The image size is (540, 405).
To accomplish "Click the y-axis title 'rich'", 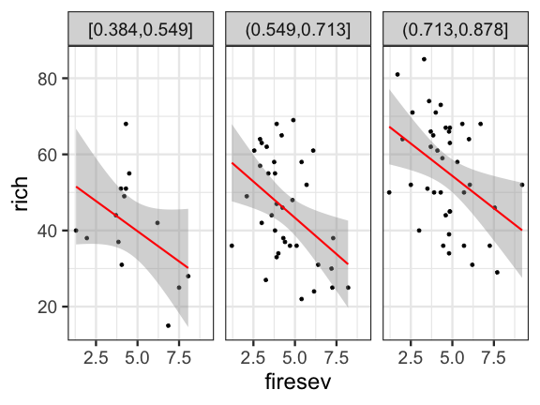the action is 21,194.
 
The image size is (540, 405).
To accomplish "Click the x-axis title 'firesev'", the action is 298,382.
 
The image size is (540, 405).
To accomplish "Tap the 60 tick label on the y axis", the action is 48,156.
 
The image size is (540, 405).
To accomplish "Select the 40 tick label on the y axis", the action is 48,231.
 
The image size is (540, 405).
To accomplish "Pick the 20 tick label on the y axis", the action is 48,307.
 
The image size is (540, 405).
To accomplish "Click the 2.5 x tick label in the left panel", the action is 96,358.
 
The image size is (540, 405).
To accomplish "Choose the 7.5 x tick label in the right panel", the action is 494,358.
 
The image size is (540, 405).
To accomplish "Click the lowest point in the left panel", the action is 168,325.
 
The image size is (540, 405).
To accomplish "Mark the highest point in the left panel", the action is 126,124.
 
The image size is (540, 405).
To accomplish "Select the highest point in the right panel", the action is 424,59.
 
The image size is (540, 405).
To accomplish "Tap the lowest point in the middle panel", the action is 301,299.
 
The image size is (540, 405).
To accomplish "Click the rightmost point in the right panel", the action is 522,185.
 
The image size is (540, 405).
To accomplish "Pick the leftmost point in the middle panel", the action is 232,246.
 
